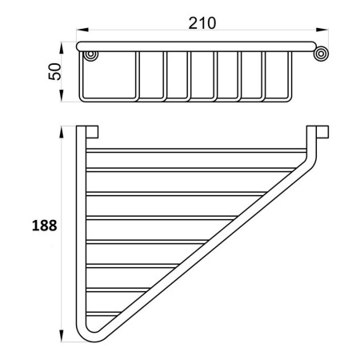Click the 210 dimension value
[x=202, y=23]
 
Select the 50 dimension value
[x=55, y=71]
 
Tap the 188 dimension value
[x=45, y=226]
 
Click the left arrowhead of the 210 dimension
[x=82, y=30]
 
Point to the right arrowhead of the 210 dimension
[x=322, y=30]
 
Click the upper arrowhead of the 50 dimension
[x=62, y=48]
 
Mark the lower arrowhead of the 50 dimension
[x=62, y=95]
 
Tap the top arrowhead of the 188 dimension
[x=62, y=132]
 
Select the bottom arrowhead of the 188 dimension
[x=62, y=336]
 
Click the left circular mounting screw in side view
[x=90, y=55]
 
